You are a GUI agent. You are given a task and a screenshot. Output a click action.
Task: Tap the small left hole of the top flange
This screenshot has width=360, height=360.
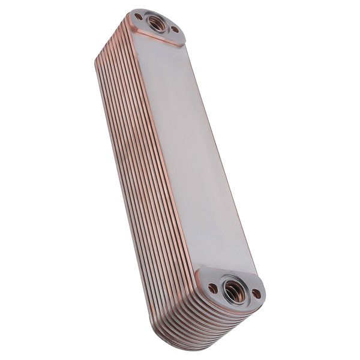point(139,17)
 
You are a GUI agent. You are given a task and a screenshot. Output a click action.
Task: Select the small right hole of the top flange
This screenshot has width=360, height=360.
point(175,29)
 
